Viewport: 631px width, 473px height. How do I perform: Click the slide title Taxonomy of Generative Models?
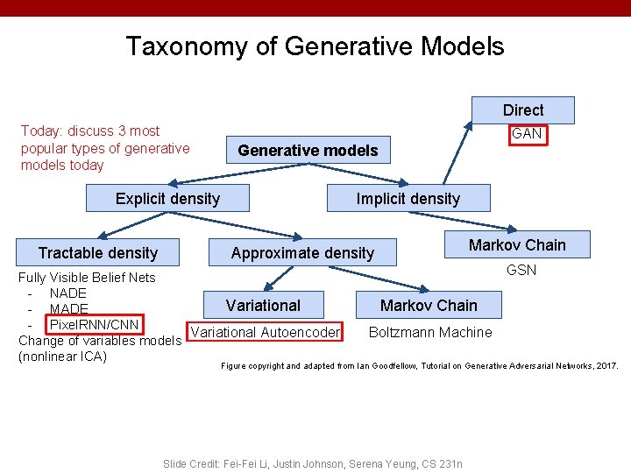point(315,46)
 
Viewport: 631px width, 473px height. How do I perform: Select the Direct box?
point(523,110)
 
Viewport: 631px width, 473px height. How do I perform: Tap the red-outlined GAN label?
point(527,134)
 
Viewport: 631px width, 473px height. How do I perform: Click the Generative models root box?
point(308,151)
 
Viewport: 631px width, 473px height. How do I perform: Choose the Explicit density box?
point(167,199)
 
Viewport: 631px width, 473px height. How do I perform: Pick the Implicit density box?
point(408,199)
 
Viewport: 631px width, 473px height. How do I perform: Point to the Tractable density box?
point(97,253)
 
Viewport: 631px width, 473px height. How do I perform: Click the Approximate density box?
point(302,253)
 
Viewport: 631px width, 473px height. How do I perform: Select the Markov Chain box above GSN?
point(517,245)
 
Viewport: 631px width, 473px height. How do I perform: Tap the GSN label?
point(521,270)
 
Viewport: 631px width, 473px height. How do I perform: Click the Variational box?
point(263,306)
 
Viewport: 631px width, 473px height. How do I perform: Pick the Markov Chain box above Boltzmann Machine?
point(429,306)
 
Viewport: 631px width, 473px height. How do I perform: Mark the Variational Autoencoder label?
point(266,332)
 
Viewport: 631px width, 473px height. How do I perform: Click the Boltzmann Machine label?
point(430,332)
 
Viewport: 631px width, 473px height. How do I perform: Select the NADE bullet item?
point(67,293)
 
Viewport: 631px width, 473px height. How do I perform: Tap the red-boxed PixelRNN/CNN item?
point(94,325)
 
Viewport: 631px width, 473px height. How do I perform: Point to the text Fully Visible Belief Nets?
point(88,278)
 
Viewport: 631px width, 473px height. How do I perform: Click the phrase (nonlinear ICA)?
point(62,357)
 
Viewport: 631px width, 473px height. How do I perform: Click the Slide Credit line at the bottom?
point(313,463)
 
